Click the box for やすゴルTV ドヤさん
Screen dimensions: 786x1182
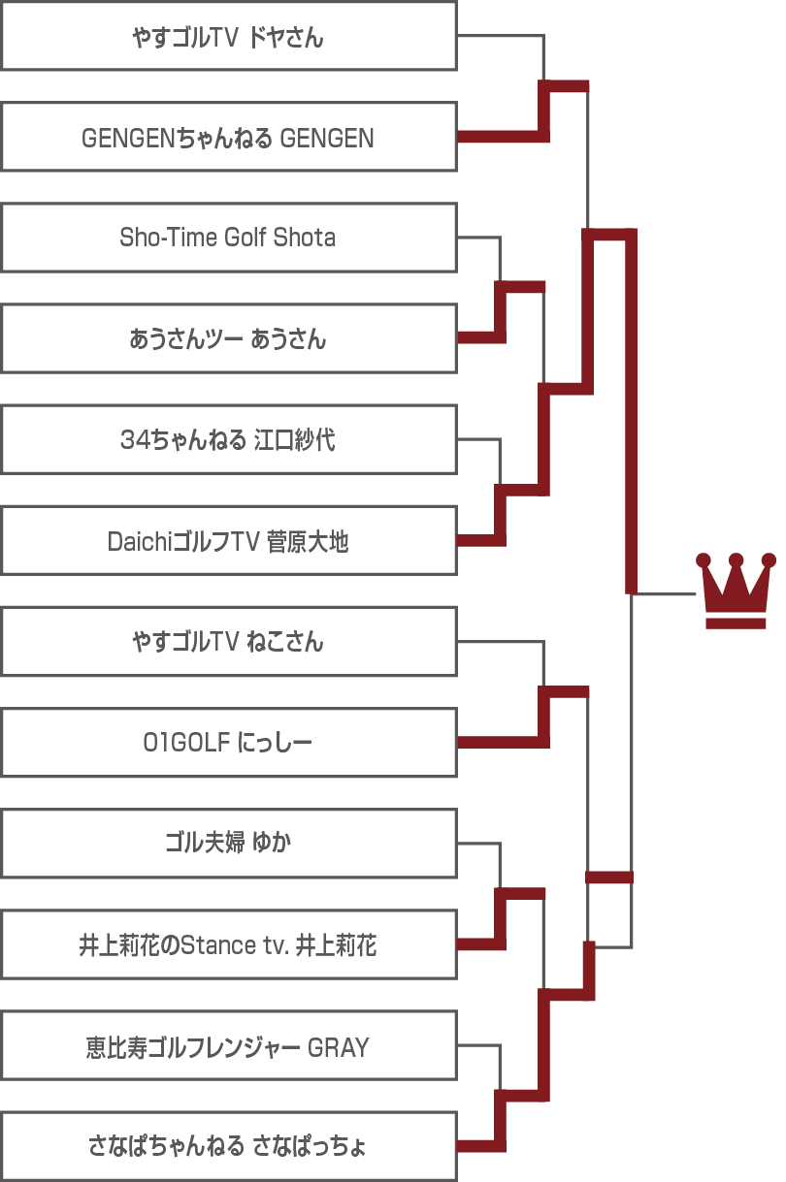tap(229, 36)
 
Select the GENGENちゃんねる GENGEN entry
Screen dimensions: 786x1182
tap(229, 137)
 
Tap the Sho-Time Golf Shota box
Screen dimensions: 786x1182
tap(229, 238)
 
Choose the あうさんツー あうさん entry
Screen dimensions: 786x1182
tap(229, 338)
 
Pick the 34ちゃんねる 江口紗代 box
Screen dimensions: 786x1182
tap(229, 439)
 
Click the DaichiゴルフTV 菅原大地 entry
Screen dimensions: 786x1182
tap(229, 540)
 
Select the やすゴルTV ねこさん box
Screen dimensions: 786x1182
tap(229, 641)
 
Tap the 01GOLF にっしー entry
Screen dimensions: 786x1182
tap(229, 743)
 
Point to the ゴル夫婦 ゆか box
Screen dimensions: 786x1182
tap(229, 844)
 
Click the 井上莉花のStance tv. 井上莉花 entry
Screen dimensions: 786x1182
tap(229, 944)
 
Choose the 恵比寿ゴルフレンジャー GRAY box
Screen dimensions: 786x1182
tap(229, 1045)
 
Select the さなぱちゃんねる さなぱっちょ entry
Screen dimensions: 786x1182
tap(229, 1146)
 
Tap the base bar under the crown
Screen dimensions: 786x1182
tap(736, 623)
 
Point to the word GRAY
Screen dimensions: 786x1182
tap(338, 1047)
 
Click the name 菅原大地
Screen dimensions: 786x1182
tap(308, 541)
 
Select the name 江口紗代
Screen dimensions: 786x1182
tap(294, 440)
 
